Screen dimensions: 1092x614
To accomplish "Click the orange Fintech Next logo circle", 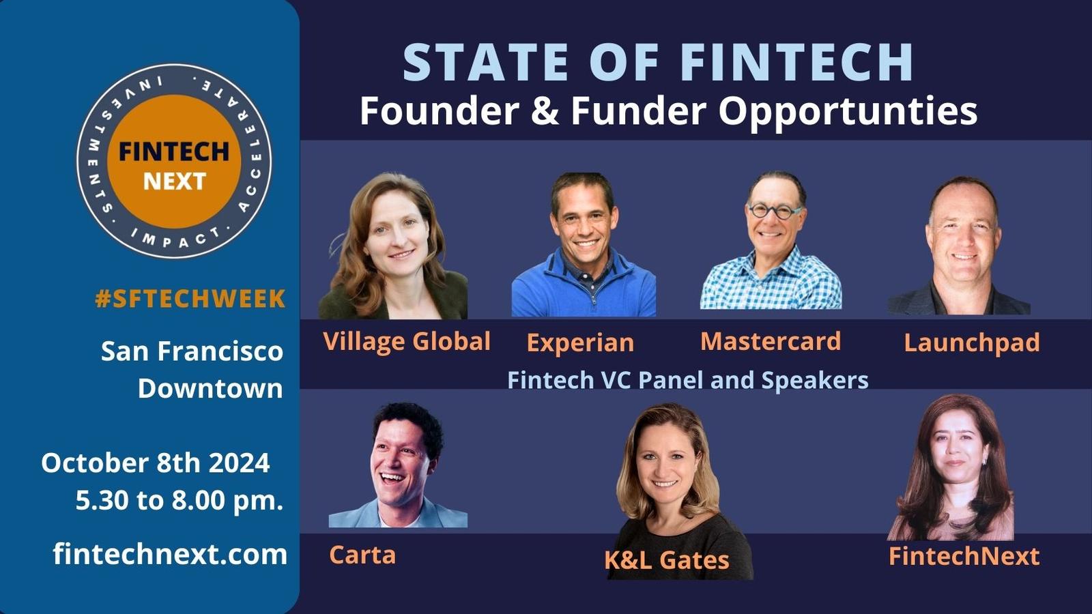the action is [x=174, y=161].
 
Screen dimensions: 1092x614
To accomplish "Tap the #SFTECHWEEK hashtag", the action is [x=190, y=299].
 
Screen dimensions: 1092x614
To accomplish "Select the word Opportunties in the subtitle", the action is [x=848, y=112].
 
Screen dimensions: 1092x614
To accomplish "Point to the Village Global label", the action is [x=407, y=341].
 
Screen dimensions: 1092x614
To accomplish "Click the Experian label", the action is [x=580, y=342].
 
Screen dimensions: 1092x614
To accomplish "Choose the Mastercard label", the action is [x=771, y=341].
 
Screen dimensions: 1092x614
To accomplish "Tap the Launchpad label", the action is [x=972, y=342].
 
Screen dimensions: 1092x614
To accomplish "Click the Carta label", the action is [x=362, y=555].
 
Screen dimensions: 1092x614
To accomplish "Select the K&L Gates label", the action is [x=666, y=560].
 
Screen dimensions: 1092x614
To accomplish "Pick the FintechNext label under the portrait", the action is [x=964, y=556].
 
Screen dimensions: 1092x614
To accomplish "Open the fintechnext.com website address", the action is [x=170, y=555].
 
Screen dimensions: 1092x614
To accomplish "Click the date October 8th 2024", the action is [x=156, y=463].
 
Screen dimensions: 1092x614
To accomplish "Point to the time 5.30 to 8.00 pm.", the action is [x=179, y=501].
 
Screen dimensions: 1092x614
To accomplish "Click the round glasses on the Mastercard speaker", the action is [x=775, y=211].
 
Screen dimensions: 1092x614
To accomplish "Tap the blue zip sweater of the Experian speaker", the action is [x=584, y=287].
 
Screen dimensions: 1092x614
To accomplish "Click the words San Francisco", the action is [x=192, y=351].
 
